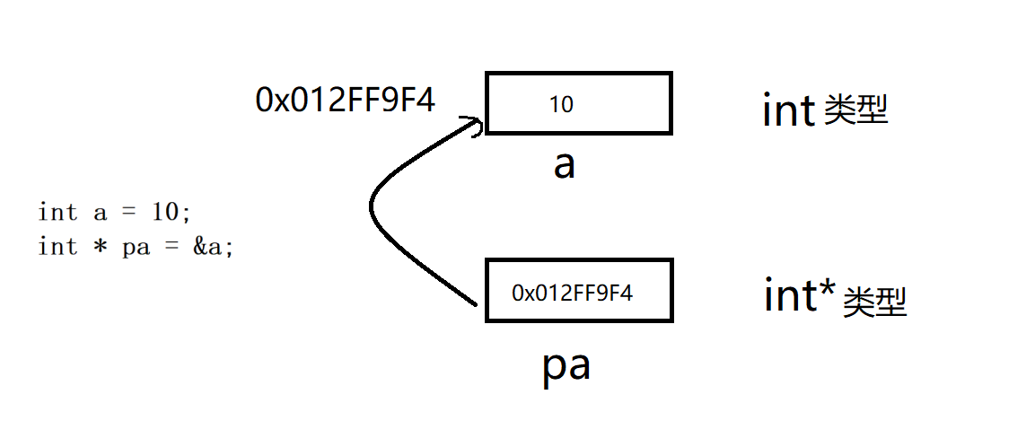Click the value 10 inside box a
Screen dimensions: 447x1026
pos(561,105)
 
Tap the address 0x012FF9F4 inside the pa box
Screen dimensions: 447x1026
pos(572,292)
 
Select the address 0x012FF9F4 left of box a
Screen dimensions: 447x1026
pos(346,100)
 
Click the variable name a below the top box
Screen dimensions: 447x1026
pos(564,164)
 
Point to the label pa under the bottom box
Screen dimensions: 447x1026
pos(566,367)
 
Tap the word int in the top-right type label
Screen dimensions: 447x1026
pos(788,111)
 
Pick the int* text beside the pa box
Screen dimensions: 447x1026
pos(800,295)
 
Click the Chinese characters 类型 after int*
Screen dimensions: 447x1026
pos(875,303)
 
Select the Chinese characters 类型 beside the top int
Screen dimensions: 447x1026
pos(855,111)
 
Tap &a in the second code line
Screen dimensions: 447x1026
pos(214,247)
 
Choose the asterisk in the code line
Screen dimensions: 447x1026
pos(99,247)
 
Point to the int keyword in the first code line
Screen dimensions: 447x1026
pos(57,213)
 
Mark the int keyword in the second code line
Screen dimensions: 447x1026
pos(57,247)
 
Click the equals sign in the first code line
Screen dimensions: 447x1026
pos(128,214)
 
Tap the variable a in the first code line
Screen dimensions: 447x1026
pos(99,214)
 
